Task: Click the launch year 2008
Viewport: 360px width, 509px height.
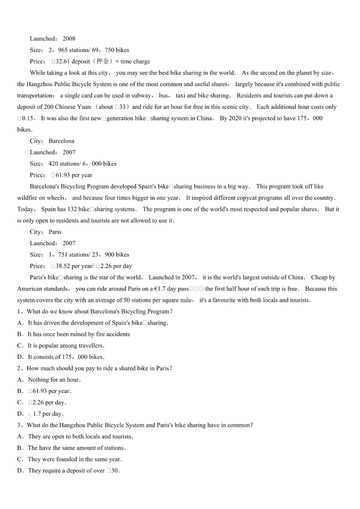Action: (69, 39)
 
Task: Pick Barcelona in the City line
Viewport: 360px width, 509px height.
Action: (61, 141)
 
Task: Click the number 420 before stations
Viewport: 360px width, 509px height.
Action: (54, 164)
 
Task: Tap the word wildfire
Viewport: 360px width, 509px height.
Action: (28, 198)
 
